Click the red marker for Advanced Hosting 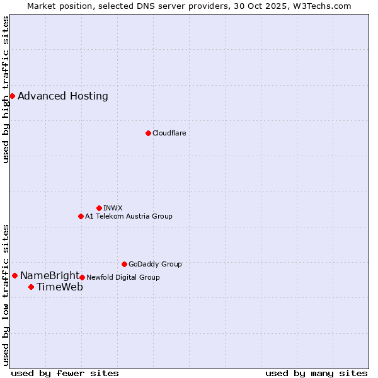[12, 96]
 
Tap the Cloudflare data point [148, 133]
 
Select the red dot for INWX [99, 208]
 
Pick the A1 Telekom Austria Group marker [81, 216]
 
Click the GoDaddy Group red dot [124, 264]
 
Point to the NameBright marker [14, 275]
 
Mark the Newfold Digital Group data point [82, 277]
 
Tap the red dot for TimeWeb [31, 287]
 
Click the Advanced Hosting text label [63, 96]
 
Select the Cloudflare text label [169, 133]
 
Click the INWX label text [113, 208]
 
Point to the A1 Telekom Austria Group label [129, 216]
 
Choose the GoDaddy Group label [155, 264]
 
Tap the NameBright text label [50, 276]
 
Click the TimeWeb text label [60, 287]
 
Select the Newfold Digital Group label [123, 277]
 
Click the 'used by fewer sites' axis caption [65, 373]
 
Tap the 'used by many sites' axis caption [316, 373]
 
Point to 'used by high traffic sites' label [6, 89]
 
